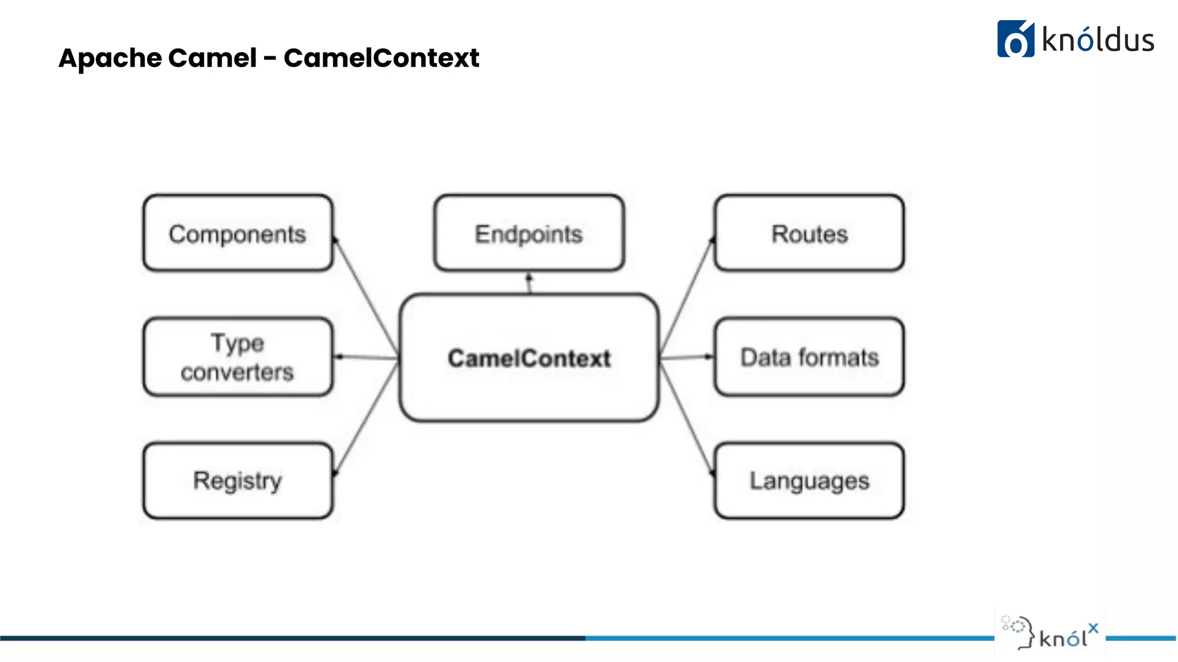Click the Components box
[x=238, y=233]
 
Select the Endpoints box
[x=529, y=233]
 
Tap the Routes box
[x=809, y=233]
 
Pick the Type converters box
[x=238, y=357]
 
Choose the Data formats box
[x=809, y=357]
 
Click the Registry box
[x=238, y=480]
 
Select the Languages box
[x=809, y=480]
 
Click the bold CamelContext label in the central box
[x=529, y=358]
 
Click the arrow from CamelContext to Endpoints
[x=530, y=283]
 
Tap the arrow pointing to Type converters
[x=366, y=357]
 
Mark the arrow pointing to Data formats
[x=686, y=357]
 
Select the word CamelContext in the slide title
[x=381, y=58]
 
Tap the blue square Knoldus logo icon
[x=1015, y=39]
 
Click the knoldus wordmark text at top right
[x=1097, y=40]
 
